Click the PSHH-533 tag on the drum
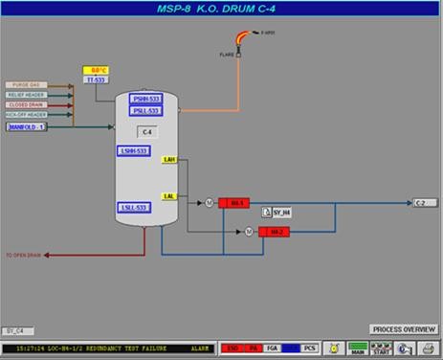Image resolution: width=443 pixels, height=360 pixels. click(146, 100)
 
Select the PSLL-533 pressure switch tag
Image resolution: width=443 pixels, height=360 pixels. click(146, 111)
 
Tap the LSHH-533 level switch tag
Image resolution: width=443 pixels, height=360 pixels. click(134, 151)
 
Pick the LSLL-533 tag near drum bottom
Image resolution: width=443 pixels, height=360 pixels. click(134, 208)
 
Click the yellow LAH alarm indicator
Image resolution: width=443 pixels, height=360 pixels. click(170, 160)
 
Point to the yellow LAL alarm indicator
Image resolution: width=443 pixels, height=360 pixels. click(169, 196)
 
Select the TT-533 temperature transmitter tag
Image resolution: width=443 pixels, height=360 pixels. click(96, 80)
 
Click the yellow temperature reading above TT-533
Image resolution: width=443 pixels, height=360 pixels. click(97, 71)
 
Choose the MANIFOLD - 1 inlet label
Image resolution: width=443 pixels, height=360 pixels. click(27, 126)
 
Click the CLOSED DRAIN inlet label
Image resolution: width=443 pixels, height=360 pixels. click(26, 105)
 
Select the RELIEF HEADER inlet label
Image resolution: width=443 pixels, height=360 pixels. click(26, 96)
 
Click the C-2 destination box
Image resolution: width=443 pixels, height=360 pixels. click(424, 203)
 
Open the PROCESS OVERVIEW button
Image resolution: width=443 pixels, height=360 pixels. click(403, 328)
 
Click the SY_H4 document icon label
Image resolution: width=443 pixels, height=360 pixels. click(280, 213)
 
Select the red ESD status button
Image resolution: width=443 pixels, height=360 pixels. click(231, 348)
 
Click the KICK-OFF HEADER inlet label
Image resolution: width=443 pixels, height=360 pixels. click(26, 115)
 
